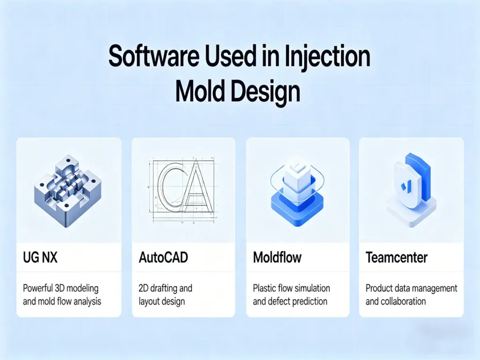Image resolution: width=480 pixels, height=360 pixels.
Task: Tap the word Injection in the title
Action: pos(326,57)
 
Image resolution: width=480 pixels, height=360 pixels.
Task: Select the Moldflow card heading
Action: pos(277,257)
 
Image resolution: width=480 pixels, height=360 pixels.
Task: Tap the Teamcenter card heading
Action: pos(397,257)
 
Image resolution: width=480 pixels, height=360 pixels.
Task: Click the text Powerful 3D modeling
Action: pos(60,288)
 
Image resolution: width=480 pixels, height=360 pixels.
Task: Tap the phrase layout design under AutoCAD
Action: pos(162,301)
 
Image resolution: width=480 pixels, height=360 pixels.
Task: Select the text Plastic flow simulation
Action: pos(291,288)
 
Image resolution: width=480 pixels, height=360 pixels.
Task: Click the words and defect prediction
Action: pos(290,301)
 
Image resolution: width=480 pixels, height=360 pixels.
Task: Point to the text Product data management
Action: pos(411,288)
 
